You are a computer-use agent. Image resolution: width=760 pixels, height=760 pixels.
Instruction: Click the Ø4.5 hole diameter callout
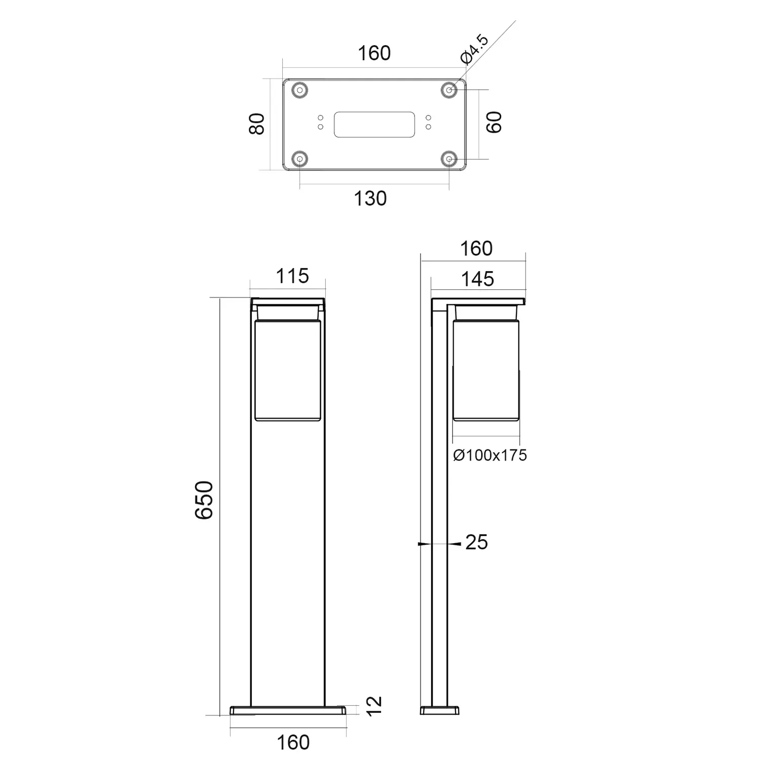click(475, 49)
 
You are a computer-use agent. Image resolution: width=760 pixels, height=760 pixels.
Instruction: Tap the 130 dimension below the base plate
click(370, 199)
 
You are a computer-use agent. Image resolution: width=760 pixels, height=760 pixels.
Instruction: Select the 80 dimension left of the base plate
click(257, 124)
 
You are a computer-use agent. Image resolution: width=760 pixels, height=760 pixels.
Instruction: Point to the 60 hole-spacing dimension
click(494, 122)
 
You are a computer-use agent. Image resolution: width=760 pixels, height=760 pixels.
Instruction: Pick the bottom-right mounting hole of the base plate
click(449, 159)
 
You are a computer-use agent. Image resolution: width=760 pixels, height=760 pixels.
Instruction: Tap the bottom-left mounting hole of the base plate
click(300, 159)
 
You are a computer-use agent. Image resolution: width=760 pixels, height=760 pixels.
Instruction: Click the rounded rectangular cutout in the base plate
click(374, 125)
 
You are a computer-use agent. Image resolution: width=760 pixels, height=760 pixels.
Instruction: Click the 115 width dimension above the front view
click(292, 276)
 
